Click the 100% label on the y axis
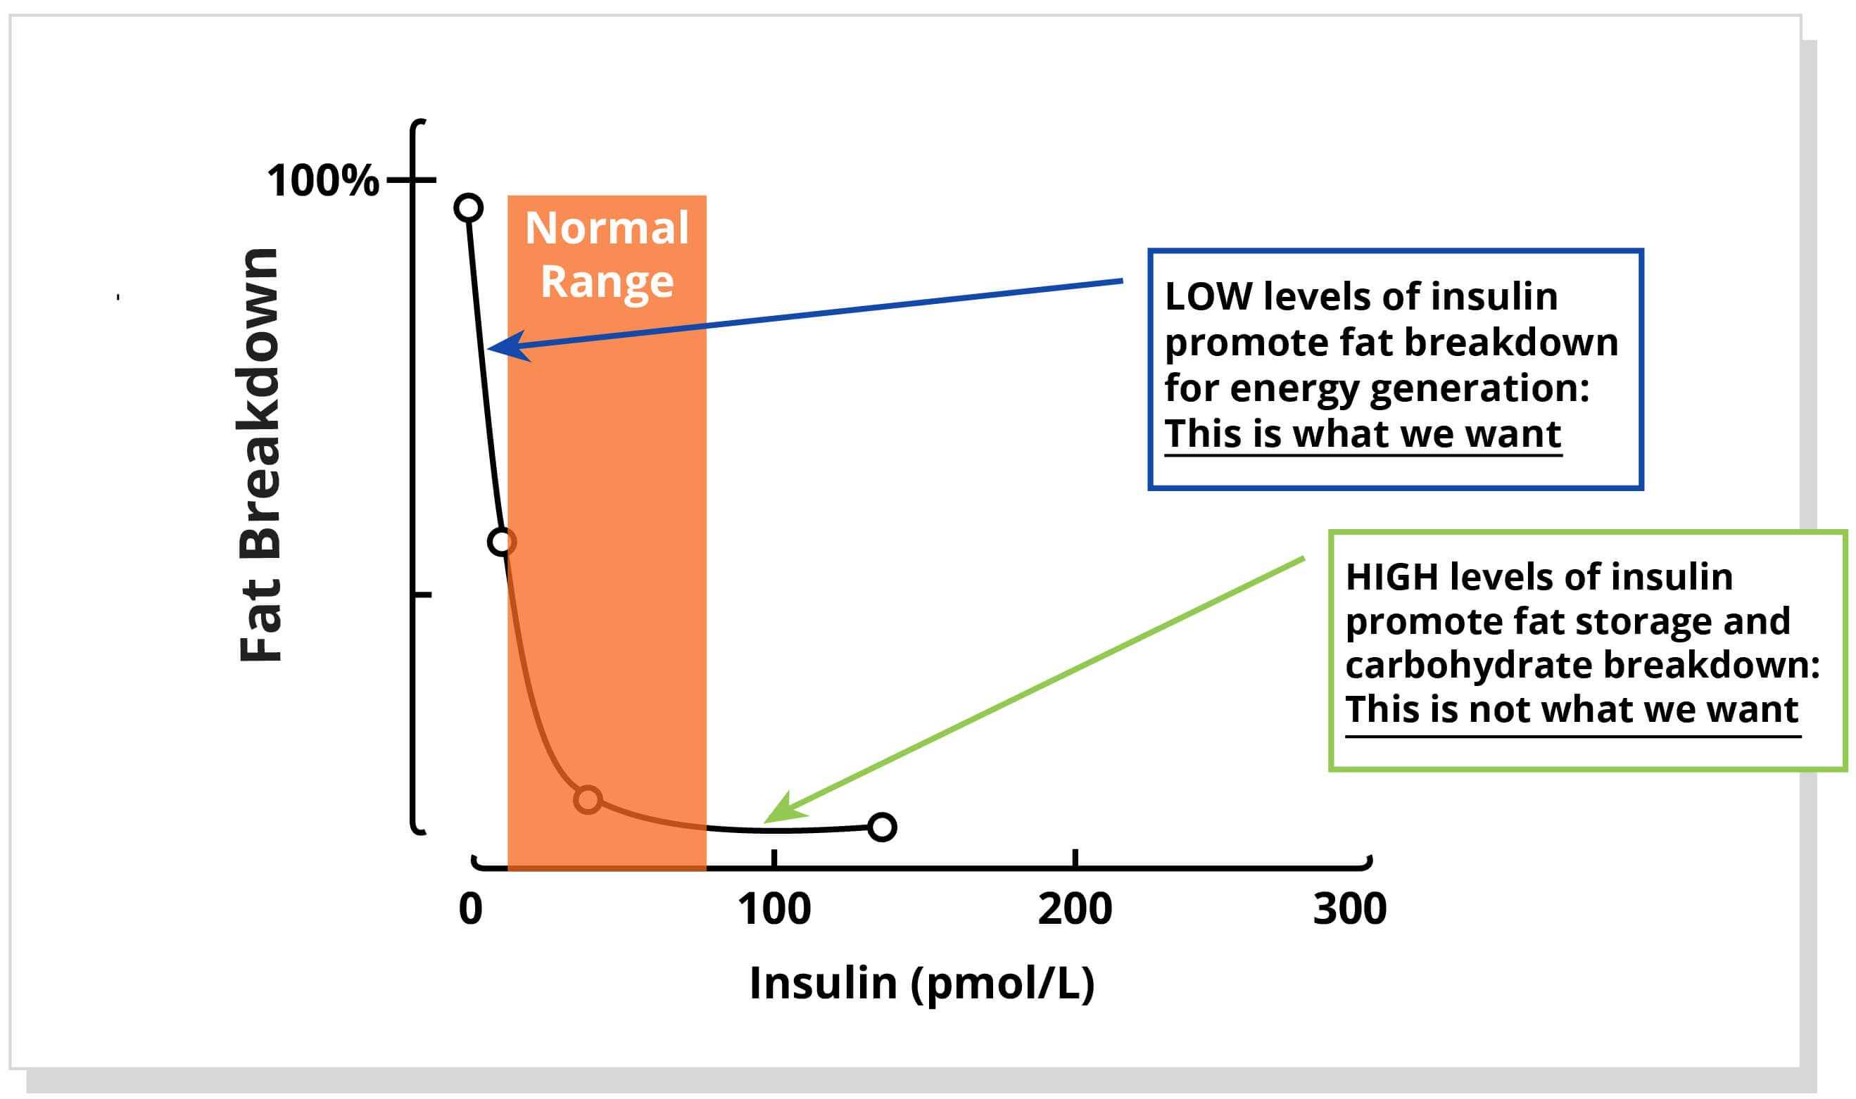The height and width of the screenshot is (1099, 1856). (322, 180)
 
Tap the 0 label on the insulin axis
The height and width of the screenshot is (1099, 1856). (470, 910)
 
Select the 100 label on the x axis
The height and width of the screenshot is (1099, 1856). (774, 910)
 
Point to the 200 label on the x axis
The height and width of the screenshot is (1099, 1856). (1075, 910)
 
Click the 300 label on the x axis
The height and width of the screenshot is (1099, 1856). (1349, 910)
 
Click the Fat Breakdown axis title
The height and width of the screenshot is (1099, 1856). (259, 455)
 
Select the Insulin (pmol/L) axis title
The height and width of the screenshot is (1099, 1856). (921, 983)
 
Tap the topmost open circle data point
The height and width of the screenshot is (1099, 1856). (468, 208)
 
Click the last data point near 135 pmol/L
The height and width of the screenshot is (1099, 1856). (882, 827)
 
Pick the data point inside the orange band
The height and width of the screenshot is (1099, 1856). (587, 800)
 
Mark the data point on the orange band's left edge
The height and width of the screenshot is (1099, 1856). (501, 542)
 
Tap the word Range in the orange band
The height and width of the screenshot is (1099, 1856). (607, 282)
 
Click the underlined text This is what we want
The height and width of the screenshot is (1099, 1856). (1362, 433)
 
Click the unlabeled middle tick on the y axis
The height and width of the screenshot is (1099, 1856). (422, 595)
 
